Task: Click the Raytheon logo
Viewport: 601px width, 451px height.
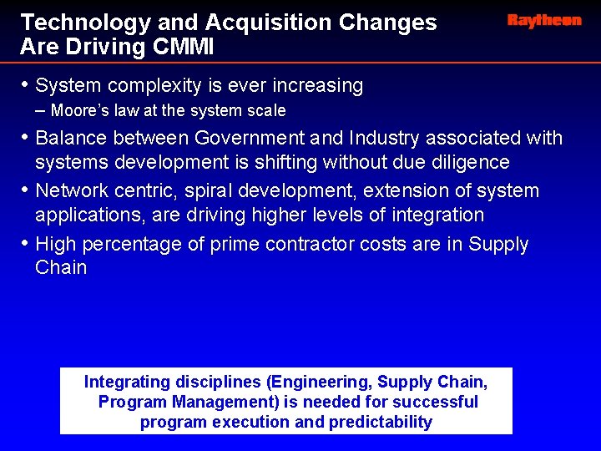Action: click(x=543, y=21)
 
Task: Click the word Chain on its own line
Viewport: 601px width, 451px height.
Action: click(x=61, y=268)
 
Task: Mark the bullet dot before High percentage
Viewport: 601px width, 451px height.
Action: click(x=25, y=244)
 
